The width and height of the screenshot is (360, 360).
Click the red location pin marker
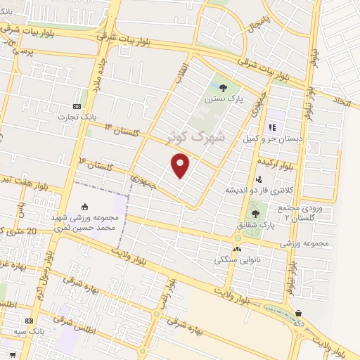point(181,166)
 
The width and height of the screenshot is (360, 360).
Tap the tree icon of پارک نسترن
point(223,88)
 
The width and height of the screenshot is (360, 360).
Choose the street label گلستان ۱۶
point(97,166)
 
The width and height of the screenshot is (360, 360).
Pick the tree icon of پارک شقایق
point(255,214)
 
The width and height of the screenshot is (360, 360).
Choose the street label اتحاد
point(341,101)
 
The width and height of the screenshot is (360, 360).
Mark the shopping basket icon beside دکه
point(299,313)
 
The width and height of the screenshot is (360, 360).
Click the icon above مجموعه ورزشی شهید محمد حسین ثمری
point(86,207)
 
